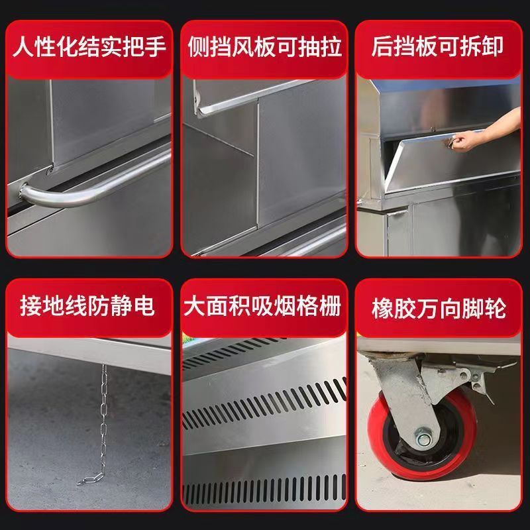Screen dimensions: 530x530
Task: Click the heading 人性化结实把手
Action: (x=89, y=48)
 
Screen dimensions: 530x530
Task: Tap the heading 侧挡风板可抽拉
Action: (x=265, y=48)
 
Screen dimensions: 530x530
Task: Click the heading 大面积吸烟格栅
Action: (x=265, y=307)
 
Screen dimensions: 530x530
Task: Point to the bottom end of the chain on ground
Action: (x=86, y=479)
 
